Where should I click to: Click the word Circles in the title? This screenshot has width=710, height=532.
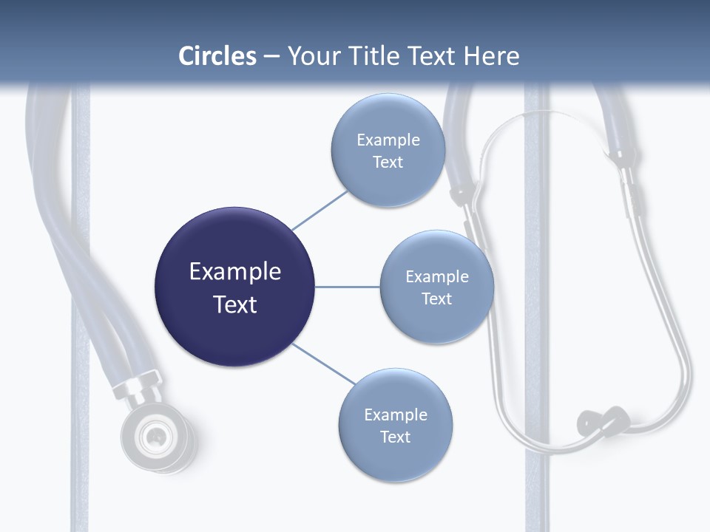click(217, 56)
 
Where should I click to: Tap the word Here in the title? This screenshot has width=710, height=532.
click(491, 56)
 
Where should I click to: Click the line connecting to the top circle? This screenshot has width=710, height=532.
click(319, 210)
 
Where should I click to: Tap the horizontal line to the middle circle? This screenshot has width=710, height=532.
click(348, 287)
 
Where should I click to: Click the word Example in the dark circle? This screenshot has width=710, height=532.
click(234, 272)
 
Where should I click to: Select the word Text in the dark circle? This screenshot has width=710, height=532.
click(234, 304)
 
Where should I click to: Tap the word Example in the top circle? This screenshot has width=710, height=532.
click(388, 140)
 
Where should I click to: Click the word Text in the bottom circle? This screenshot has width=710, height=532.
click(395, 437)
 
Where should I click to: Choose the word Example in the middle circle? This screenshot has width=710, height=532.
click(436, 277)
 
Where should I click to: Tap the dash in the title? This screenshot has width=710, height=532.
click(271, 57)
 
